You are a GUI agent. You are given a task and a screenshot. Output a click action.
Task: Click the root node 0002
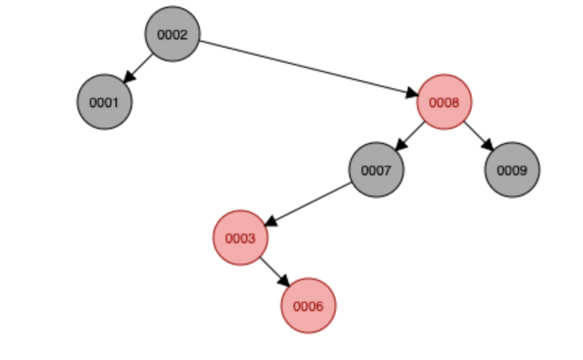coord(172,35)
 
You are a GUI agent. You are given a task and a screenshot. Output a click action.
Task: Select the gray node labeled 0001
coord(104,103)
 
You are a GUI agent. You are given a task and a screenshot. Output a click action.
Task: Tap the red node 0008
coord(444,103)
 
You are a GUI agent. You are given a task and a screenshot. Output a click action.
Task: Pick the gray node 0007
coord(376,170)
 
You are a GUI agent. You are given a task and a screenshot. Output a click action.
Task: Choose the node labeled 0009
coord(512,170)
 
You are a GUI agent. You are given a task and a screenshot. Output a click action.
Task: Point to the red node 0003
coord(240,238)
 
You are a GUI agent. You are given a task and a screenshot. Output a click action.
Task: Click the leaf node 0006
coord(308,306)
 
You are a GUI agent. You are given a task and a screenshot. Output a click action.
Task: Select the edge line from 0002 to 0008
coord(306,68)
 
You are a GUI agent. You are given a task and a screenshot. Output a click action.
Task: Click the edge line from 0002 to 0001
coord(141,65)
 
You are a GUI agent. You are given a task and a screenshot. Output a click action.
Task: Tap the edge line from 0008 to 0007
coord(413,133)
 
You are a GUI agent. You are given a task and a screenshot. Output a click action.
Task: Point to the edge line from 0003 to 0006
coord(272,270)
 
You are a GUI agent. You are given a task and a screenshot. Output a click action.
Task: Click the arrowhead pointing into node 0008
coord(410,94)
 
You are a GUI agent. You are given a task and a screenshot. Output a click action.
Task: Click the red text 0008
coord(444,103)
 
